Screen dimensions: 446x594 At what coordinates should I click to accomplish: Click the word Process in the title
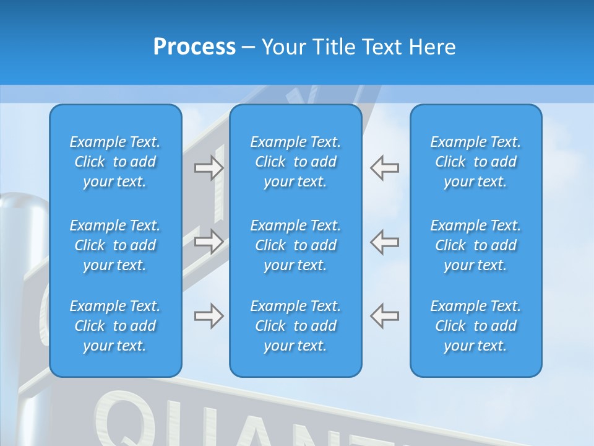click(194, 47)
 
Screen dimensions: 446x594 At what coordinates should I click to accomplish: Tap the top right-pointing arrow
click(209, 168)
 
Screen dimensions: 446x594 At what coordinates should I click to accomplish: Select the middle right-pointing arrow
click(209, 242)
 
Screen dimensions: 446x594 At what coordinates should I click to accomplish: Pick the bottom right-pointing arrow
click(209, 316)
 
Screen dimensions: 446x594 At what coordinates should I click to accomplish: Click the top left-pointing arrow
click(385, 168)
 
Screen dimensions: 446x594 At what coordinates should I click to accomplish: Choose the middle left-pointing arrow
click(385, 242)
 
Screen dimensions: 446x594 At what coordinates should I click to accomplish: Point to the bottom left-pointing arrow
click(385, 316)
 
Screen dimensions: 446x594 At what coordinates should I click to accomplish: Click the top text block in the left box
click(115, 162)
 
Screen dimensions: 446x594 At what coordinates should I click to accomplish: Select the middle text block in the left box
click(115, 245)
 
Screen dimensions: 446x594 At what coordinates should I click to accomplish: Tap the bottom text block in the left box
click(115, 326)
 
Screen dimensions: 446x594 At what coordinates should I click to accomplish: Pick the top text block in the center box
click(295, 162)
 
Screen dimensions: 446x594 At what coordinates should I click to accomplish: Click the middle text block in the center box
click(295, 245)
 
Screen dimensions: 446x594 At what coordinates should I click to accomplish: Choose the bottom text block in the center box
click(295, 326)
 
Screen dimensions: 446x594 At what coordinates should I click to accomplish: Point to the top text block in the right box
click(475, 162)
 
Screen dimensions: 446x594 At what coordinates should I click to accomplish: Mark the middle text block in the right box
click(475, 245)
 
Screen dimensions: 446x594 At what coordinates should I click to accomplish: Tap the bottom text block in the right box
click(475, 326)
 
